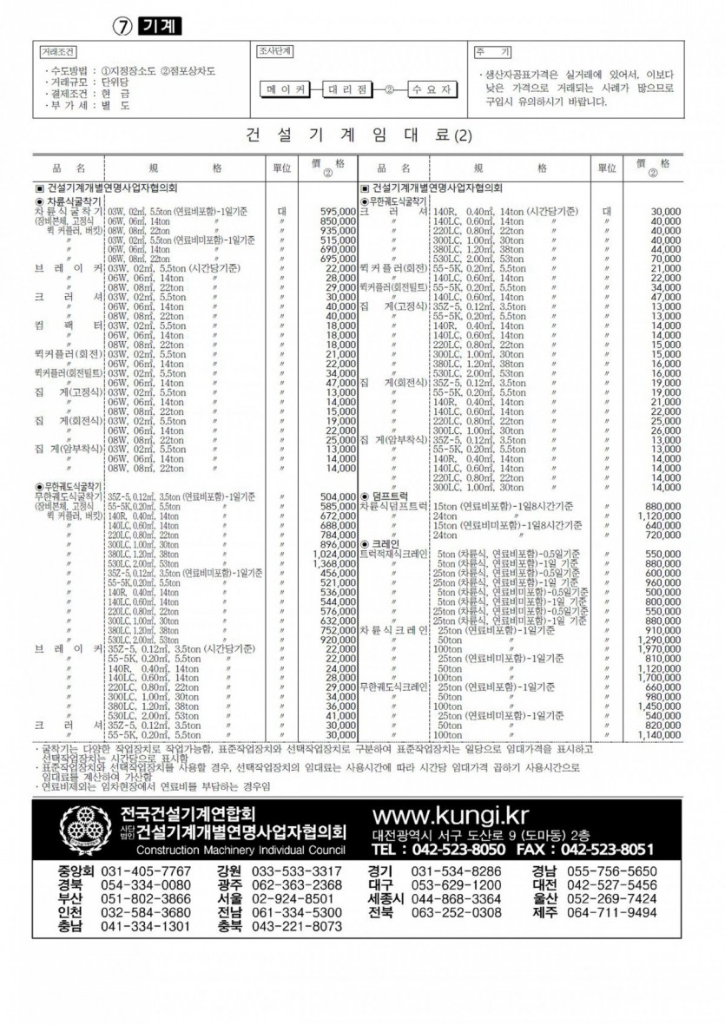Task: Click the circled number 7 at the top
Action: [123, 26]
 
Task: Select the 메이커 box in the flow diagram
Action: [286, 89]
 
